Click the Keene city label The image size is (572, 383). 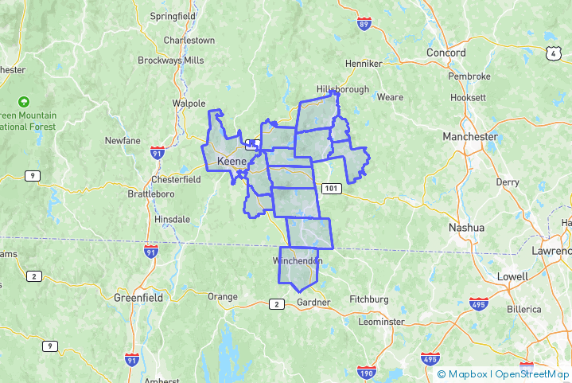pyautogui.click(x=232, y=162)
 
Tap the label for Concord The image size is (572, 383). pyautogui.click(x=446, y=53)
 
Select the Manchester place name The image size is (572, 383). pyautogui.click(x=469, y=136)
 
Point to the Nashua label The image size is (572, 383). pyautogui.click(x=466, y=227)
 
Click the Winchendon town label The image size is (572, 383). pyautogui.click(x=298, y=261)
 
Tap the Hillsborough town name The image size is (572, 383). pyautogui.click(x=343, y=89)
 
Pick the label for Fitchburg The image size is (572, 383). pyautogui.click(x=368, y=299)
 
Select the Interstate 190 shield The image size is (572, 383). pyautogui.click(x=366, y=373)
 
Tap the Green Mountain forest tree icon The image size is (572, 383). pyautogui.click(x=24, y=102)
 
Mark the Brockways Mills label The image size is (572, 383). pyautogui.click(x=171, y=61)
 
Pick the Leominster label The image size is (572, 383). pyautogui.click(x=382, y=322)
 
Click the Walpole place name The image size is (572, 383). pyautogui.click(x=189, y=103)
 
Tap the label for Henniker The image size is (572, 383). pyautogui.click(x=364, y=64)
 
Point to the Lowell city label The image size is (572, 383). pyautogui.click(x=512, y=276)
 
